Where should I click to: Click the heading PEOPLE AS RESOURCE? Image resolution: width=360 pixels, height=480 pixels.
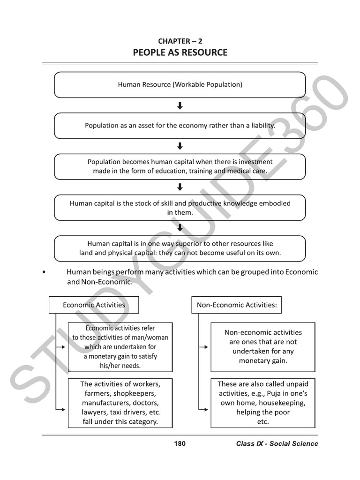pyautogui.click(x=180, y=52)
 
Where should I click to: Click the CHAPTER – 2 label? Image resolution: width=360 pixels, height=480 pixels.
pyautogui.click(x=180, y=41)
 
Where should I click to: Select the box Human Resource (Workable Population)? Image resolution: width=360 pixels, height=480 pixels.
pyautogui.click(x=180, y=85)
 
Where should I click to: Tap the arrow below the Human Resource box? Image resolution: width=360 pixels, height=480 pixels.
pyautogui.click(x=180, y=106)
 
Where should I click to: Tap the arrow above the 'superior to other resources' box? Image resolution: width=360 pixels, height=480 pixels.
pyautogui.click(x=180, y=228)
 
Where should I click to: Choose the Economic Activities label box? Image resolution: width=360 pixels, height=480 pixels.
pyautogui.click(x=94, y=305)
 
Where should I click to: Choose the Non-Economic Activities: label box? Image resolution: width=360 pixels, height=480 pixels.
pyautogui.click(x=237, y=305)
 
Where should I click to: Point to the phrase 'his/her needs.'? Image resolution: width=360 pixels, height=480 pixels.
pyautogui.click(x=120, y=366)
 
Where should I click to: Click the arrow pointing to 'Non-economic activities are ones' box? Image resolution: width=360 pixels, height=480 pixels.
pyautogui.click(x=203, y=347)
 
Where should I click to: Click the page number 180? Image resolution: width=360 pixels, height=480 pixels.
pyautogui.click(x=180, y=443)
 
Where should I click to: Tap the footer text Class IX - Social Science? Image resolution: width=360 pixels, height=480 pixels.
pyautogui.click(x=277, y=443)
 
